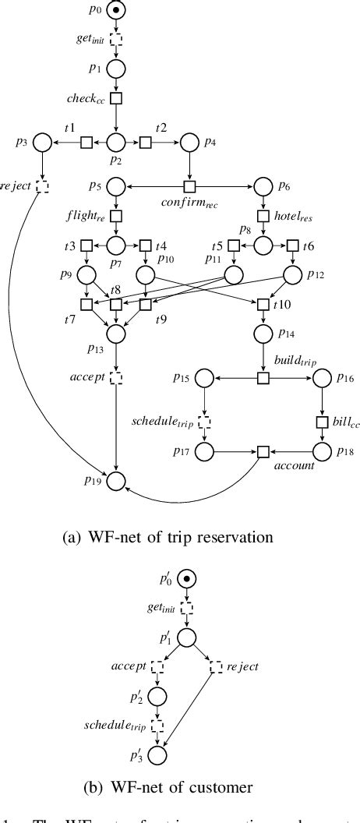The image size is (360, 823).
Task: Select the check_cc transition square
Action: [116, 98]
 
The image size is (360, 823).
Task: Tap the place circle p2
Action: [116, 143]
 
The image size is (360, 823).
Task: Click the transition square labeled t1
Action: [86, 143]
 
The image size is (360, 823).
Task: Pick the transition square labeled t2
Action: [146, 143]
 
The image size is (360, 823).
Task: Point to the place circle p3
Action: [42, 143]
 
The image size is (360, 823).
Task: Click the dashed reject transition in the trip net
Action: [42, 186]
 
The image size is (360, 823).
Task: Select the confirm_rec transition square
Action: [189, 187]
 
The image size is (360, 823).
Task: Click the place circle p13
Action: [116, 334]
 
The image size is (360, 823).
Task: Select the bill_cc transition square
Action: [322, 422]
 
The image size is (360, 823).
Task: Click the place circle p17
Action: [204, 451]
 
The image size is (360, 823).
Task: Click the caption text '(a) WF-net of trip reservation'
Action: [180, 535]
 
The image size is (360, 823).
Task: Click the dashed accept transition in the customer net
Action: [157, 667]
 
